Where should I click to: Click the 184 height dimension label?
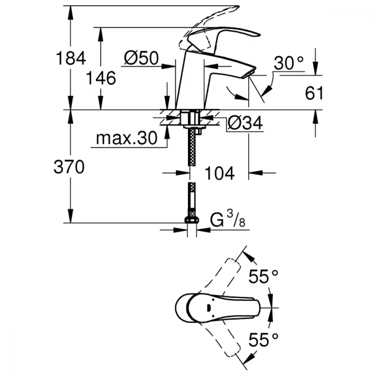click(x=71, y=59)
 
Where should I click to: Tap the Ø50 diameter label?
click(x=141, y=58)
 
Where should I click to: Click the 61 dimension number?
click(x=314, y=93)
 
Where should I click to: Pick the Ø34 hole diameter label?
click(x=245, y=123)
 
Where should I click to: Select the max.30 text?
click(x=126, y=139)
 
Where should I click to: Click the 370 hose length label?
click(x=68, y=167)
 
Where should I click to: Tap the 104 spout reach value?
click(x=220, y=173)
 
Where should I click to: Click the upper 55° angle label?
click(x=263, y=277)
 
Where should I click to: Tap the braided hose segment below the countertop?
click(x=192, y=150)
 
